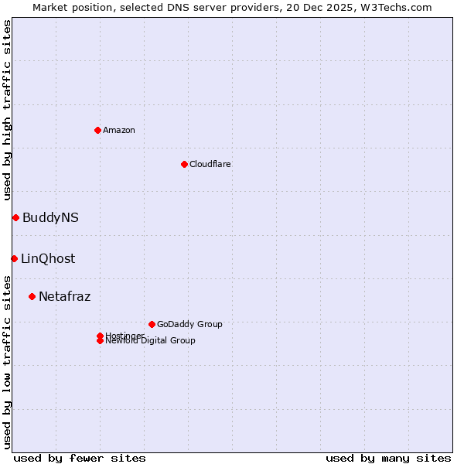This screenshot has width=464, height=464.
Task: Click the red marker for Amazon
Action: click(x=97, y=130)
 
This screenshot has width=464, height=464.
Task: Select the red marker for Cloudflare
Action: click(x=184, y=164)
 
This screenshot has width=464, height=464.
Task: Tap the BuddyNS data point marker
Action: click(x=15, y=217)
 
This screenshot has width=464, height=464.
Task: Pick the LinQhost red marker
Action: click(x=14, y=258)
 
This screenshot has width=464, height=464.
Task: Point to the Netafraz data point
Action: click(x=32, y=296)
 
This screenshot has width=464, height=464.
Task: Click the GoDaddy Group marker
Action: click(x=152, y=324)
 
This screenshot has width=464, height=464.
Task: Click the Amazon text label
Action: click(x=119, y=130)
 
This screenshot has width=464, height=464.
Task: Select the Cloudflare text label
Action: click(x=210, y=164)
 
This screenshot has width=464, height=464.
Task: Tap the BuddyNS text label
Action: click(x=50, y=218)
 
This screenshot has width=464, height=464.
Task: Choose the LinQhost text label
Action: click(x=48, y=259)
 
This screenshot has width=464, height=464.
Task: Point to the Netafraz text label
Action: click(x=65, y=297)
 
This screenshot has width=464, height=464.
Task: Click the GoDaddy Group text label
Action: click(x=189, y=324)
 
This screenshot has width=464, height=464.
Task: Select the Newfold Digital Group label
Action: click(x=150, y=341)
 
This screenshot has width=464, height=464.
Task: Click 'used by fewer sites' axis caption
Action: click(x=80, y=458)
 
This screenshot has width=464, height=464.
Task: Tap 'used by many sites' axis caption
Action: click(x=388, y=458)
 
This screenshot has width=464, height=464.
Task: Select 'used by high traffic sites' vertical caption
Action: click(x=8, y=110)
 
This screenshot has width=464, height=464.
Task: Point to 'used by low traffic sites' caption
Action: click(x=8, y=362)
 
